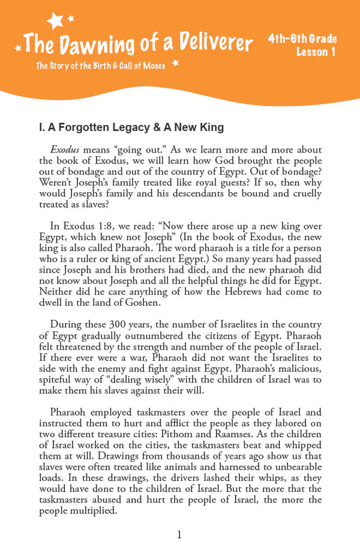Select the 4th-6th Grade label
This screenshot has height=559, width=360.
[x=302, y=40]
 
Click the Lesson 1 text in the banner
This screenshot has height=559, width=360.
[x=316, y=52]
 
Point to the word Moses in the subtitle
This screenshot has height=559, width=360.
[x=152, y=65]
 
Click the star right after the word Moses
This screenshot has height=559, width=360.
[x=176, y=62]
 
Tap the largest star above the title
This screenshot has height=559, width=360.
[x=56, y=21]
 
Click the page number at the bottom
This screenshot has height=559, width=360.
[x=179, y=535]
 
